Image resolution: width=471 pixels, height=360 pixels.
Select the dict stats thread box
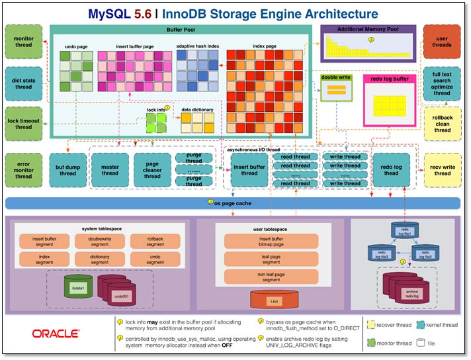(23, 82)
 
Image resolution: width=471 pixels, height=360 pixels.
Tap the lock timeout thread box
(23, 122)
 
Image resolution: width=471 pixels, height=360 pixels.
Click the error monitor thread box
(23, 169)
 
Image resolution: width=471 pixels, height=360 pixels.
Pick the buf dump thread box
(65, 170)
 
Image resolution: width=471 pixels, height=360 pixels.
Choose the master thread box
(110, 170)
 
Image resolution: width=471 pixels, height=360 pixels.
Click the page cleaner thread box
(152, 170)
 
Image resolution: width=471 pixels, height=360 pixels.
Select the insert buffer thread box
(249, 169)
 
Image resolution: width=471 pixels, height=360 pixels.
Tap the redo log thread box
(392, 170)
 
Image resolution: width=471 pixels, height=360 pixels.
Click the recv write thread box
(442, 170)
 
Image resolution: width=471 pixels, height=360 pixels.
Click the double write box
(336, 87)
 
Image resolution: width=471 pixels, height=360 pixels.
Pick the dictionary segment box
(100, 259)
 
